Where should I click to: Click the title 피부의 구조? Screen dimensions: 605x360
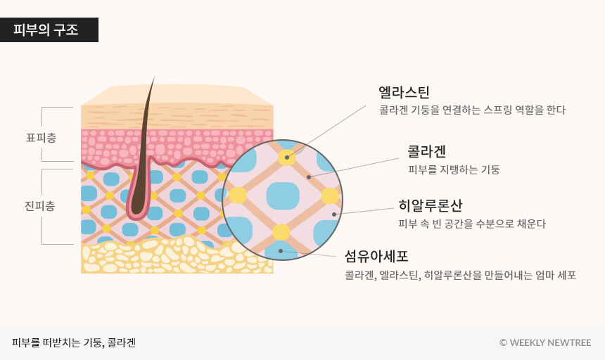(x=46, y=30)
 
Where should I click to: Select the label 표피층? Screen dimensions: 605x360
(x=41, y=138)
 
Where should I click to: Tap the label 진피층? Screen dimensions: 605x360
(x=40, y=206)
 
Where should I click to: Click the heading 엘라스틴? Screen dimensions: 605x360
(x=404, y=92)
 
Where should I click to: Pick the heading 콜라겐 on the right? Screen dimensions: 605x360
(x=427, y=151)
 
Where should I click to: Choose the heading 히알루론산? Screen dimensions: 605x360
(x=430, y=205)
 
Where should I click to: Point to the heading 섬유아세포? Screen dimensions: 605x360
(x=376, y=256)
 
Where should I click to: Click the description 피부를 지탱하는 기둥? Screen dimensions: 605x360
(x=454, y=169)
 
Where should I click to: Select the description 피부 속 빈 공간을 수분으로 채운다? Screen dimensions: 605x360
(x=471, y=224)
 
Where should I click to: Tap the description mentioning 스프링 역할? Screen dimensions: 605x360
(x=472, y=110)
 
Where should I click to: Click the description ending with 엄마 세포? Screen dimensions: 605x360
(x=460, y=275)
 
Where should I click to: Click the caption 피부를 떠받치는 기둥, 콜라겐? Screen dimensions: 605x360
(x=74, y=342)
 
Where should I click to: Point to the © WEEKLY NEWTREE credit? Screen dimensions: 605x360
(x=545, y=342)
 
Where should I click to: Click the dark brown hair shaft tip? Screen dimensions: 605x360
(x=153, y=79)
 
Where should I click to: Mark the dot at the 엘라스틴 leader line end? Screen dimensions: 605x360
(x=287, y=157)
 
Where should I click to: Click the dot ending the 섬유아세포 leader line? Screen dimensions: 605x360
(x=281, y=251)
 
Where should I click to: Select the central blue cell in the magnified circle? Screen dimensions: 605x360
(x=283, y=195)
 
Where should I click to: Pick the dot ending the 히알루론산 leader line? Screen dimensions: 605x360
(x=334, y=214)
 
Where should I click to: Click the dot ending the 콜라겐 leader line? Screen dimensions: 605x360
(x=309, y=177)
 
